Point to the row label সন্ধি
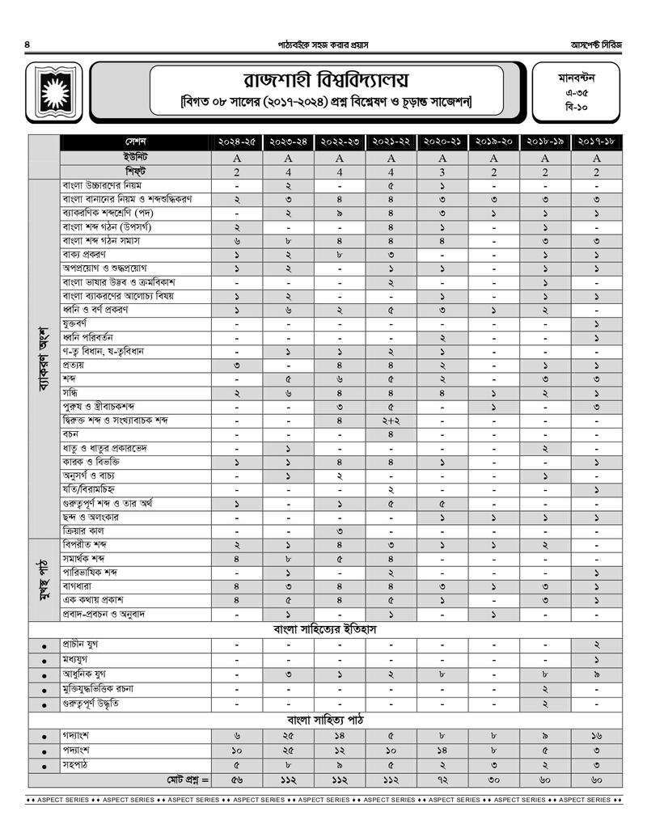point(74,393)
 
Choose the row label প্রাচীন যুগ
point(81,645)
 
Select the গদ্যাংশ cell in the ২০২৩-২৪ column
point(288,737)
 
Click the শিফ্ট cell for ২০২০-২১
point(442,172)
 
